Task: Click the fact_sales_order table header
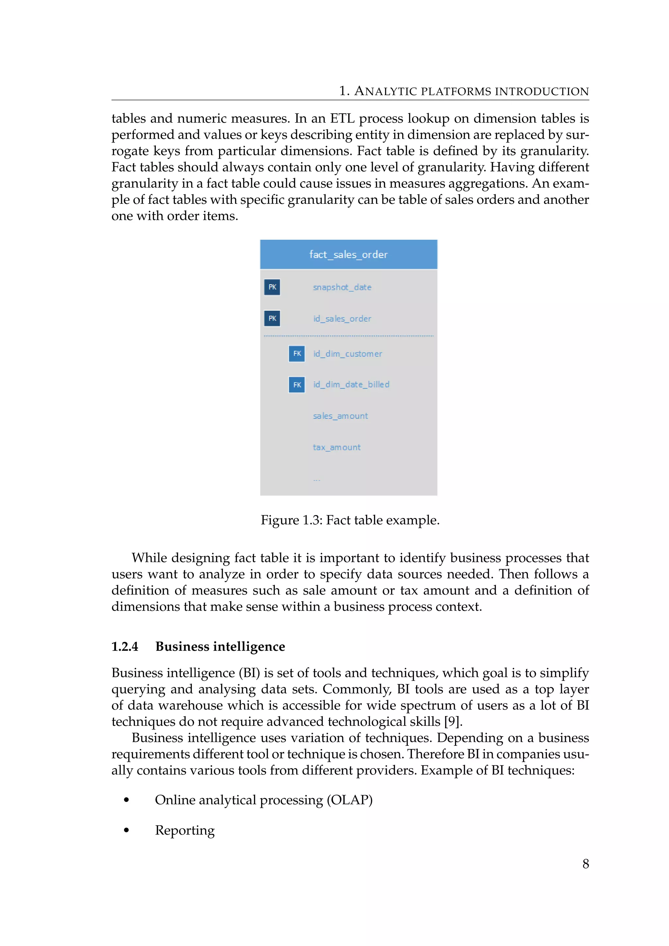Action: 349,254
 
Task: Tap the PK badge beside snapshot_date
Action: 272,287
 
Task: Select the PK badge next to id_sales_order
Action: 272,318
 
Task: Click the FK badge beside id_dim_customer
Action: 297,353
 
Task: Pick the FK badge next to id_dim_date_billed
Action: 297,385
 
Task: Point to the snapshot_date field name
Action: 342,287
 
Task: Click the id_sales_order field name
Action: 342,318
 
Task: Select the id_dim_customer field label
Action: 347,353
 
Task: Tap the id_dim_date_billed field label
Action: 351,384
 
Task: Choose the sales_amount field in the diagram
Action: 340,416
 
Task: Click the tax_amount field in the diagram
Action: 336,448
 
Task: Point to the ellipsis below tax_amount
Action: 317,480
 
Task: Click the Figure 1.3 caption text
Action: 350,520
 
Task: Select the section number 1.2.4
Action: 125,646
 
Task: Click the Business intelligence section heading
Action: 220,646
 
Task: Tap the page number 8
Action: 585,864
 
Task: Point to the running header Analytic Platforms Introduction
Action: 464,91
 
